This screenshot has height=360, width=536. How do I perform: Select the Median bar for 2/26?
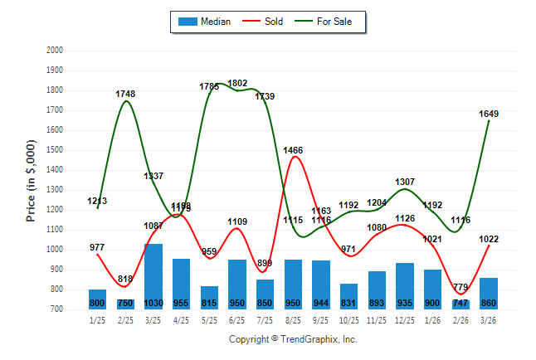461,304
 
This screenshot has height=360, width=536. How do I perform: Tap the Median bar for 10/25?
349,296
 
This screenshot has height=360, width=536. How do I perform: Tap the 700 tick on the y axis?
56,309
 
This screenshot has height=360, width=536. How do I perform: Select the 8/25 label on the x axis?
293,320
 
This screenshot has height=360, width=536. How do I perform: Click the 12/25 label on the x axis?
405,320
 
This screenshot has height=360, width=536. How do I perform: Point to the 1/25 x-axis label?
98,320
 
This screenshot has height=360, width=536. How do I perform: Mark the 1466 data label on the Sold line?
293,150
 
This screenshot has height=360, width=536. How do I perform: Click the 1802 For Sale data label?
237,83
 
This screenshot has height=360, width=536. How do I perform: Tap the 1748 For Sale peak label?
125,94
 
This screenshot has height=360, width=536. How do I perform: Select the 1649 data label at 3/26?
489,114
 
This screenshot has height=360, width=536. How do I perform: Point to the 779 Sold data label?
461,287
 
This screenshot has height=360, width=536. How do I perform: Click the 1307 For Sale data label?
405,182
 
